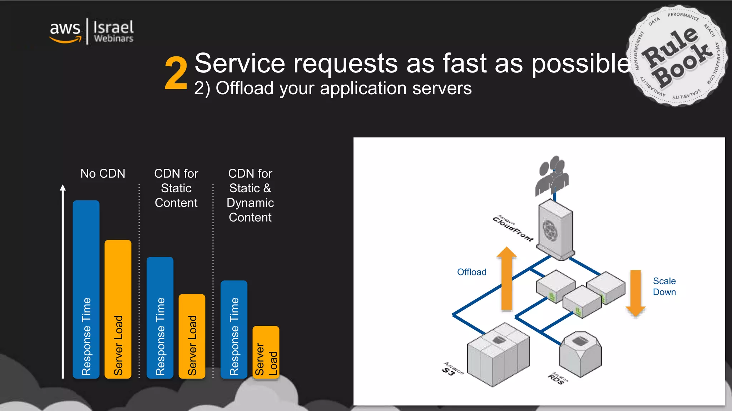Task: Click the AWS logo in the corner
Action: (x=65, y=31)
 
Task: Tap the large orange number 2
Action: (x=176, y=73)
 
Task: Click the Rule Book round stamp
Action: (x=677, y=56)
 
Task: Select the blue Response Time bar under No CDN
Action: (x=86, y=289)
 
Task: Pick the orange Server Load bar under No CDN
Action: (x=118, y=309)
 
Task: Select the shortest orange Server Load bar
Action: (x=266, y=352)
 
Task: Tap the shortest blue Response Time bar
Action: (x=234, y=329)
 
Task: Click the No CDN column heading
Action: (x=103, y=174)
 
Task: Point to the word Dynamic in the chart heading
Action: (x=250, y=203)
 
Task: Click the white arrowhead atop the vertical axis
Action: (x=63, y=188)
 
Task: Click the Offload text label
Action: (x=472, y=272)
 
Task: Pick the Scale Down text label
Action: (x=664, y=286)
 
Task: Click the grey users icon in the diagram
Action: (x=552, y=175)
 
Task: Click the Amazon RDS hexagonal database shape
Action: (x=580, y=354)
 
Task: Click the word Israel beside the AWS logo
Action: (x=113, y=27)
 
